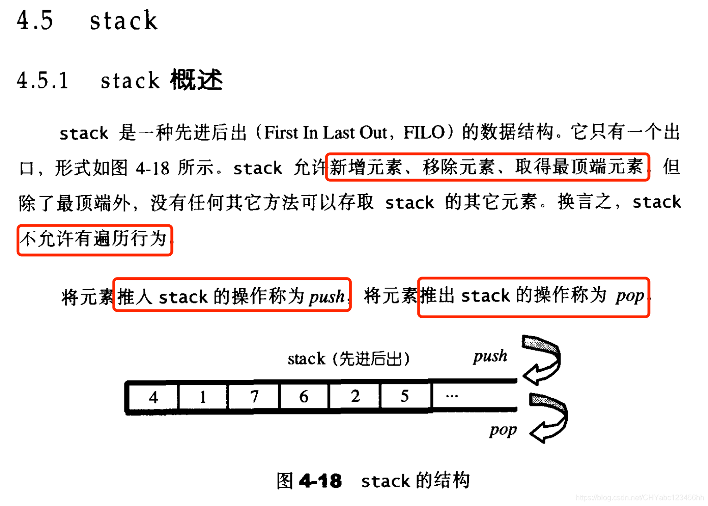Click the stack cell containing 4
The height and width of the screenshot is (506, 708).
point(153,397)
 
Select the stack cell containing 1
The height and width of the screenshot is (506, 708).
point(203,397)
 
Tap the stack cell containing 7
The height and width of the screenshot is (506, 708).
point(254,396)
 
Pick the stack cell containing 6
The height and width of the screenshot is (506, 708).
point(304,396)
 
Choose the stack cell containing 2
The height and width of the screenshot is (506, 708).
point(355,396)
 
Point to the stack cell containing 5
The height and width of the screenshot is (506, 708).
point(404,396)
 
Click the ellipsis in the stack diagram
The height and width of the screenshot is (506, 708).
point(452,396)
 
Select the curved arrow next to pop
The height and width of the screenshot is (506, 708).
point(549,418)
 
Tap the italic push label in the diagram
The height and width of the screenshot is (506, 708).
point(490,356)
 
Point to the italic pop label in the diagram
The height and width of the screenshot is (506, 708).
point(503,430)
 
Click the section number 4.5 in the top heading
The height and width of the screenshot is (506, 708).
point(35,20)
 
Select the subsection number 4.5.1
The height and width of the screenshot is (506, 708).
point(43,80)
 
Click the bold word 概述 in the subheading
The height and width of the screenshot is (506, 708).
point(196,80)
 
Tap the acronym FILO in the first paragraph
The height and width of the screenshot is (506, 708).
point(424,133)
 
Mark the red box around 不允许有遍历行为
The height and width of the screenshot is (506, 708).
point(95,240)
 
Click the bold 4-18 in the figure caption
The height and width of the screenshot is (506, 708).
point(321,481)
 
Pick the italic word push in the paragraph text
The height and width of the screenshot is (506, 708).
point(327,296)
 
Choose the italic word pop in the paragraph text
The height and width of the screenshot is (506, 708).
point(630,296)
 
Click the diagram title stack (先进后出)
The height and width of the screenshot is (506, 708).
point(348,358)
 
